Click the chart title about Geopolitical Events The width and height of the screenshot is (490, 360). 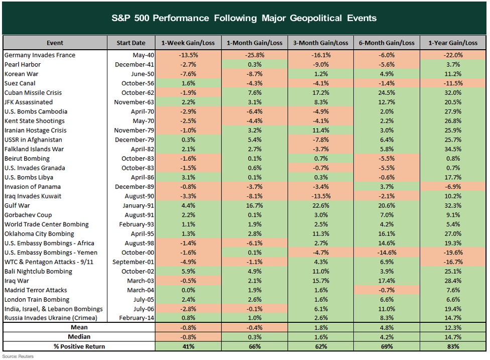(x=244, y=18)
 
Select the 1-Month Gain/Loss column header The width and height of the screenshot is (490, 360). (x=255, y=43)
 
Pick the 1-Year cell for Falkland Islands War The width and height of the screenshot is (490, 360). (x=453, y=149)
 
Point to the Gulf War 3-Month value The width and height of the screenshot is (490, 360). (x=321, y=206)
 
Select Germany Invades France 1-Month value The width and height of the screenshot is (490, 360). (x=255, y=55)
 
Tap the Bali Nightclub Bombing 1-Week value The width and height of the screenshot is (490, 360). (x=188, y=272)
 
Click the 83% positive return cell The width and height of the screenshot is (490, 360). (x=453, y=346)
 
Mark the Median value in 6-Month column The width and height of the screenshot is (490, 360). (x=387, y=337)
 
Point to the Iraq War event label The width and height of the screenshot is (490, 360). (x=17, y=281)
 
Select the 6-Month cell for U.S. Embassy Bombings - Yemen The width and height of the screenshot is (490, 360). (x=387, y=253)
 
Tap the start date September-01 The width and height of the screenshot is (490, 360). (x=134, y=262)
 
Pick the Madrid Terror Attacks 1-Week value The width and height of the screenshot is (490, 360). (x=188, y=290)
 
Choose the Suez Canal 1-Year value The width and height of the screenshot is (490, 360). (x=453, y=83)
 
